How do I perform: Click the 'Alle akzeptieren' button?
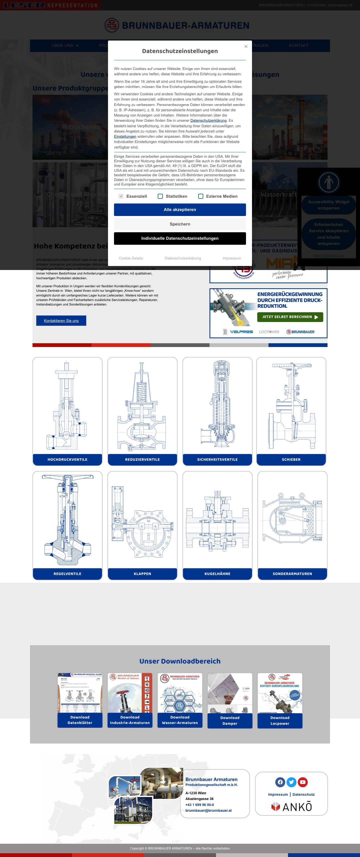click(180, 209)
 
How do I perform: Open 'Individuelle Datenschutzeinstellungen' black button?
click(180, 238)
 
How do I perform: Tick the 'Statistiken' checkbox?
click(160, 196)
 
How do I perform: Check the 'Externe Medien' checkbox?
click(201, 196)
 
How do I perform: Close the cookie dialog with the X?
click(246, 46)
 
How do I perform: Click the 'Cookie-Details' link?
click(131, 258)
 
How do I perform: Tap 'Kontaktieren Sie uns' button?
click(61, 321)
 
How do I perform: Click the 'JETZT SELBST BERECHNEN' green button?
click(290, 317)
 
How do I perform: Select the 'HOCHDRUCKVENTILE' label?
click(67, 459)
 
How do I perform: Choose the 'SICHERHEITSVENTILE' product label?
click(217, 459)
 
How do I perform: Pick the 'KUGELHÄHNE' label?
click(217, 573)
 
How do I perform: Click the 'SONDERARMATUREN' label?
click(292, 573)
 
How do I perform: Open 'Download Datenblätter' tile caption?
click(80, 720)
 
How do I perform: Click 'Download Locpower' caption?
click(280, 720)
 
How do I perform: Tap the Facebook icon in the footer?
click(280, 782)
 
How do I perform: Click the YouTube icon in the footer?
click(302, 782)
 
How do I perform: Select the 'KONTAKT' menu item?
click(298, 45)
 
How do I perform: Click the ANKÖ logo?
click(291, 807)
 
